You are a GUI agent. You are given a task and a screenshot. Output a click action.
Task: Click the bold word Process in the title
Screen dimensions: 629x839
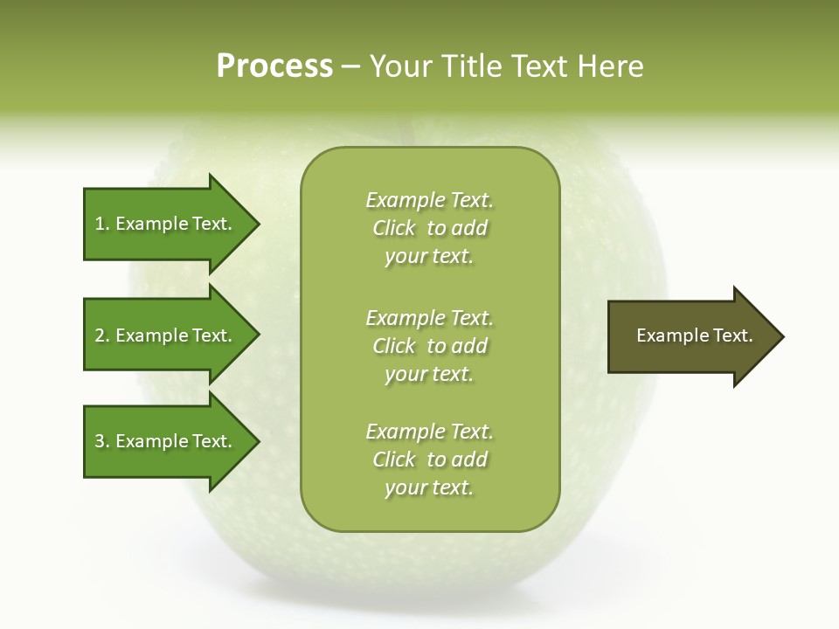pos(274,66)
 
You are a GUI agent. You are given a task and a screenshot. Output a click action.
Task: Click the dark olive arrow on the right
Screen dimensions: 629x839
pos(690,335)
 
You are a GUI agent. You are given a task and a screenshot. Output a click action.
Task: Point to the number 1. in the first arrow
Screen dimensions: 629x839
pos(102,224)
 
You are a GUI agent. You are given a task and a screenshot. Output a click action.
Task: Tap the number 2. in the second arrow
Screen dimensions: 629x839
pos(102,335)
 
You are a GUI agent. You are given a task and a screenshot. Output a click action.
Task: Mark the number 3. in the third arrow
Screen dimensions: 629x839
pos(102,441)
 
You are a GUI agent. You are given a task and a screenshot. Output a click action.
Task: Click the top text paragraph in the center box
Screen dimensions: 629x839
pos(429,228)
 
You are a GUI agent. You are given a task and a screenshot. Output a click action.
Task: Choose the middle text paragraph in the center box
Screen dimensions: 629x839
pos(429,345)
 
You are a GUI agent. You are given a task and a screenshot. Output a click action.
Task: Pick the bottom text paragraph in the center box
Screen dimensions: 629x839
pos(429,460)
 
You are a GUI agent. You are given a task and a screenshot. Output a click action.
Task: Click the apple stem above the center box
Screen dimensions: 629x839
pos(405,131)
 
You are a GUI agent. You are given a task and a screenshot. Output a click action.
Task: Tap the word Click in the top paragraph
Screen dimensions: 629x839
pos(394,228)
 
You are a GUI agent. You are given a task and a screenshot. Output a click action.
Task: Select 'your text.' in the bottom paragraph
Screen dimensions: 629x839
pos(428,487)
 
